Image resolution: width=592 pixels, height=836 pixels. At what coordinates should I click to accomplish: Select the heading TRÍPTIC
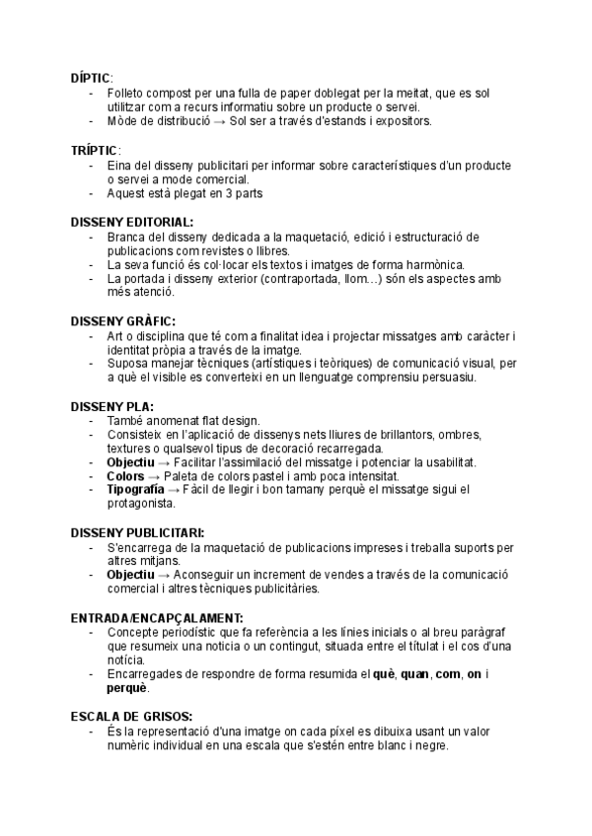tap(94, 150)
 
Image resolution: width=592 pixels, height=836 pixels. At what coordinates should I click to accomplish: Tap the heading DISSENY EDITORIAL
tap(132, 223)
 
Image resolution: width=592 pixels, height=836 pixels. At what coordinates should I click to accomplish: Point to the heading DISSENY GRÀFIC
tap(123, 321)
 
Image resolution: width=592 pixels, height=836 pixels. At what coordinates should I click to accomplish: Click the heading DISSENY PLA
tap(112, 406)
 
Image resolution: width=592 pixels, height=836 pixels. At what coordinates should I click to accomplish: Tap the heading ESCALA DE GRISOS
tap(131, 716)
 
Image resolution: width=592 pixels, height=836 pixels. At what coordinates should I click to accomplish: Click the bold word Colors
tap(125, 476)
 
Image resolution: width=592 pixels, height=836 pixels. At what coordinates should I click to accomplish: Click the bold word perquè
tap(127, 687)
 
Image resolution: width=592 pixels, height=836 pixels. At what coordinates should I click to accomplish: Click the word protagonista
tap(141, 504)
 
